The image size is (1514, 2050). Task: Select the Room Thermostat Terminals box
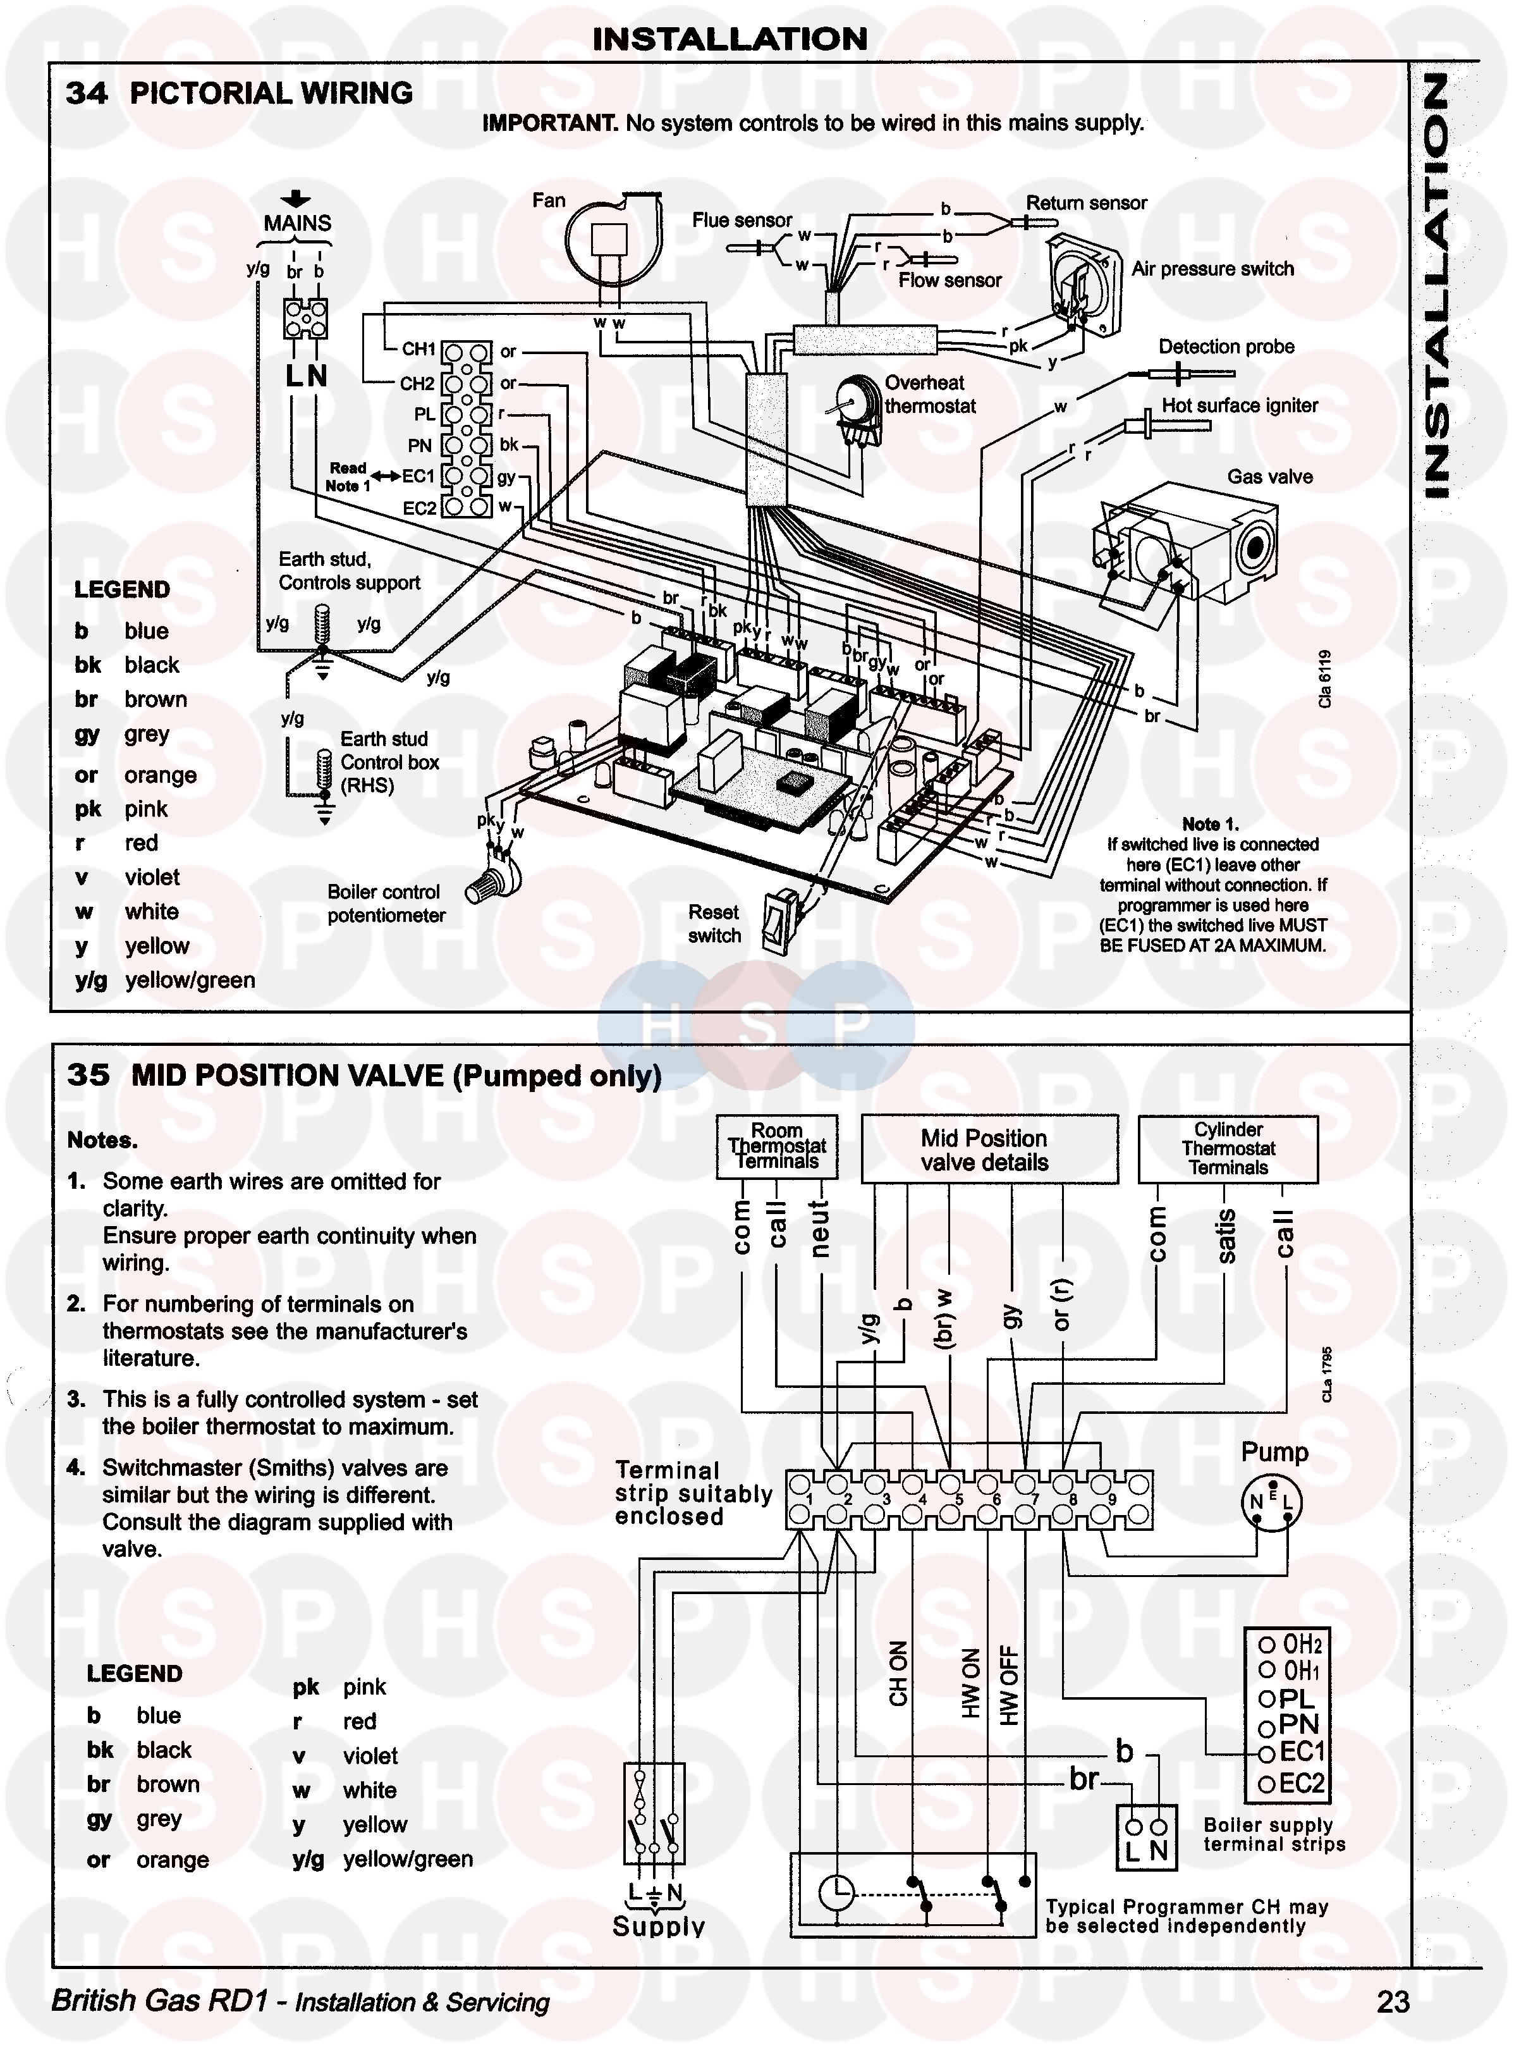776,1146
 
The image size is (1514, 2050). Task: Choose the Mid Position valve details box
990,1149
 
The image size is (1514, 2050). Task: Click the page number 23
1393,2001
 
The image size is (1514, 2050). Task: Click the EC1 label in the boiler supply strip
1302,1752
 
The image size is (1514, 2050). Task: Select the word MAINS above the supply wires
297,223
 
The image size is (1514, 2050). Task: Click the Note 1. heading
1211,823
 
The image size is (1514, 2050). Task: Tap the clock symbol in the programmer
836,1891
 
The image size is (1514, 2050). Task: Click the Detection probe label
1226,347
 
